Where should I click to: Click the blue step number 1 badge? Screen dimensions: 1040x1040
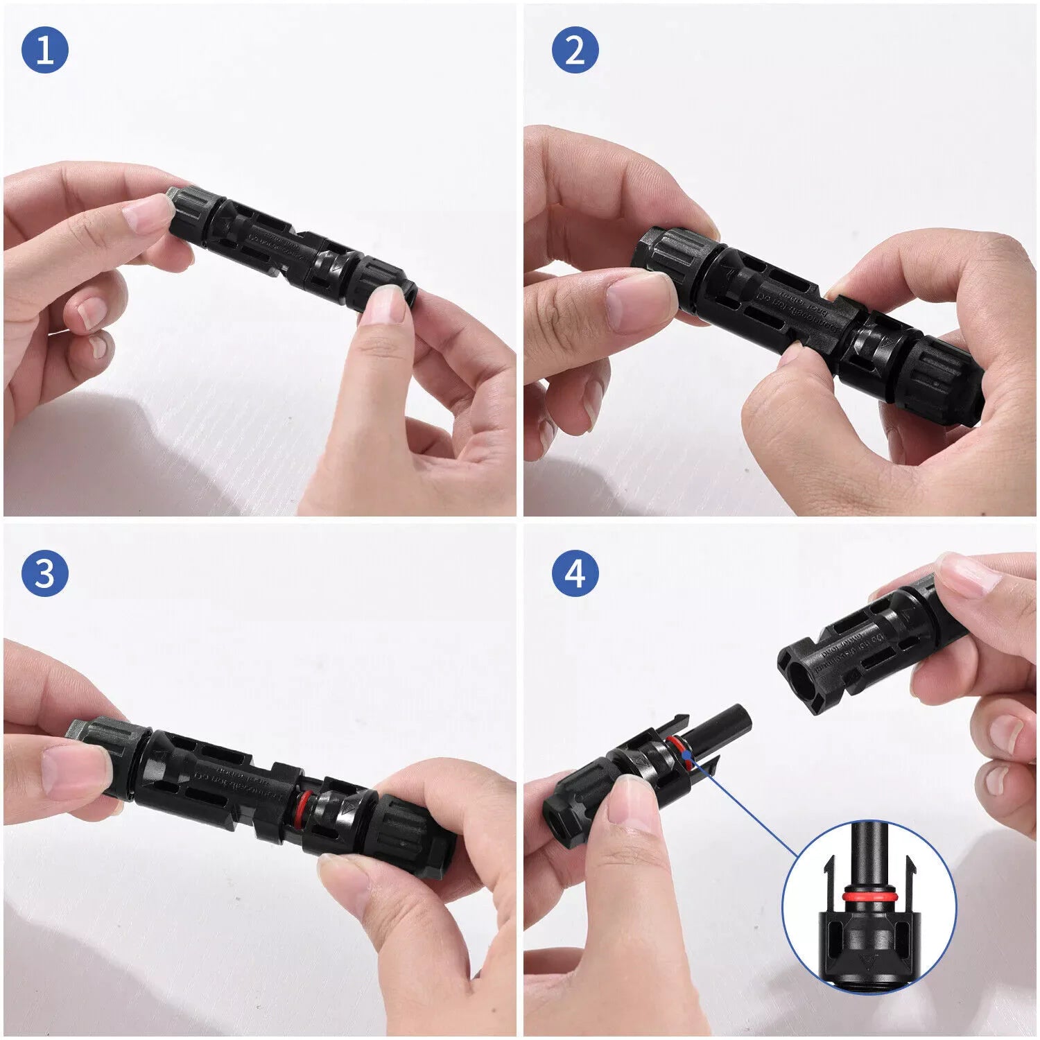pyautogui.click(x=45, y=50)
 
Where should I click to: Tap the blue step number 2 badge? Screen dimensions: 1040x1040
pyautogui.click(x=575, y=50)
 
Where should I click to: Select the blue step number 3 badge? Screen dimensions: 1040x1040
pyautogui.click(x=45, y=574)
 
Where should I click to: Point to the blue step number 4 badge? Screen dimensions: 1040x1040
pyautogui.click(x=575, y=574)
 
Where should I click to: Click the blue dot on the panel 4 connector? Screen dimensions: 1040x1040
pyautogui.click(x=686, y=754)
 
